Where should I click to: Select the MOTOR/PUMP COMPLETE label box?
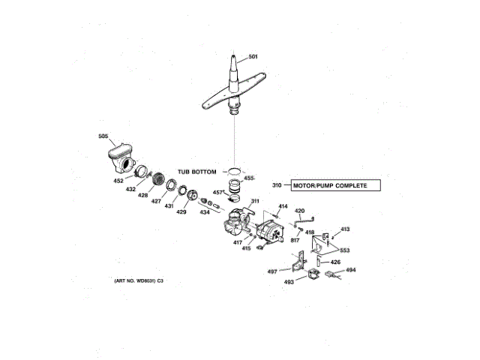pyautogui.click(x=330, y=185)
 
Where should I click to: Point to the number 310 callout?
pyautogui.click(x=276, y=185)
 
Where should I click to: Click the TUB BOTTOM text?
pyautogui.click(x=197, y=172)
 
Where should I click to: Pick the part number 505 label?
pyautogui.click(x=103, y=136)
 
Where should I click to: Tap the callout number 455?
pyautogui.click(x=249, y=178)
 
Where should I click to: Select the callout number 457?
pyautogui.click(x=217, y=192)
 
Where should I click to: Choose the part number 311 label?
pyautogui.click(x=254, y=201)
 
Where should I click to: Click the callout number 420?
pyautogui.click(x=299, y=211)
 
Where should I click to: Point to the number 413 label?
pyautogui.click(x=346, y=229)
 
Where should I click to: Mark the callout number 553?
pyautogui.click(x=345, y=250)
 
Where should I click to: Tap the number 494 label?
pyautogui.click(x=351, y=270)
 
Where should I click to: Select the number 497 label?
pyautogui.click(x=273, y=271)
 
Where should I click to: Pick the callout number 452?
pyautogui.click(x=118, y=181)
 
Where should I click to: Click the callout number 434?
pyautogui.click(x=205, y=212)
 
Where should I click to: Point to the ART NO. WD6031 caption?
pyautogui.click(x=139, y=280)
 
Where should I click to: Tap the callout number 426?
pyautogui.click(x=335, y=262)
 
